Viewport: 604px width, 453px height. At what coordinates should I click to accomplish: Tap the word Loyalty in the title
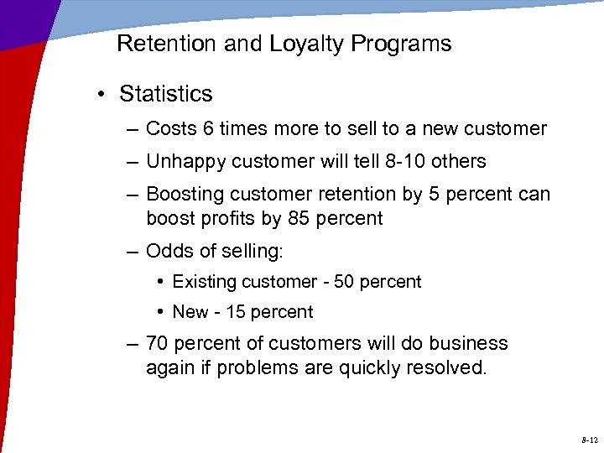300,44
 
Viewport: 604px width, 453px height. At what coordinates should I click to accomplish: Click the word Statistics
166,94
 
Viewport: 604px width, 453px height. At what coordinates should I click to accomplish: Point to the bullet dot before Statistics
100,94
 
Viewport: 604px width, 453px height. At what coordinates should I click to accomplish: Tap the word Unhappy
182,161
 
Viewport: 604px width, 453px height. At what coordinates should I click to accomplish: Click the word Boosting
182,194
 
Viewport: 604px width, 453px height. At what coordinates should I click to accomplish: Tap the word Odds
166,251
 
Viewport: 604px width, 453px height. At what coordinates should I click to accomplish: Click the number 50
344,282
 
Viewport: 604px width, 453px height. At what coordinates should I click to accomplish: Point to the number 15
236,312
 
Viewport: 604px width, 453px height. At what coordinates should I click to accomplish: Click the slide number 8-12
588,440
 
